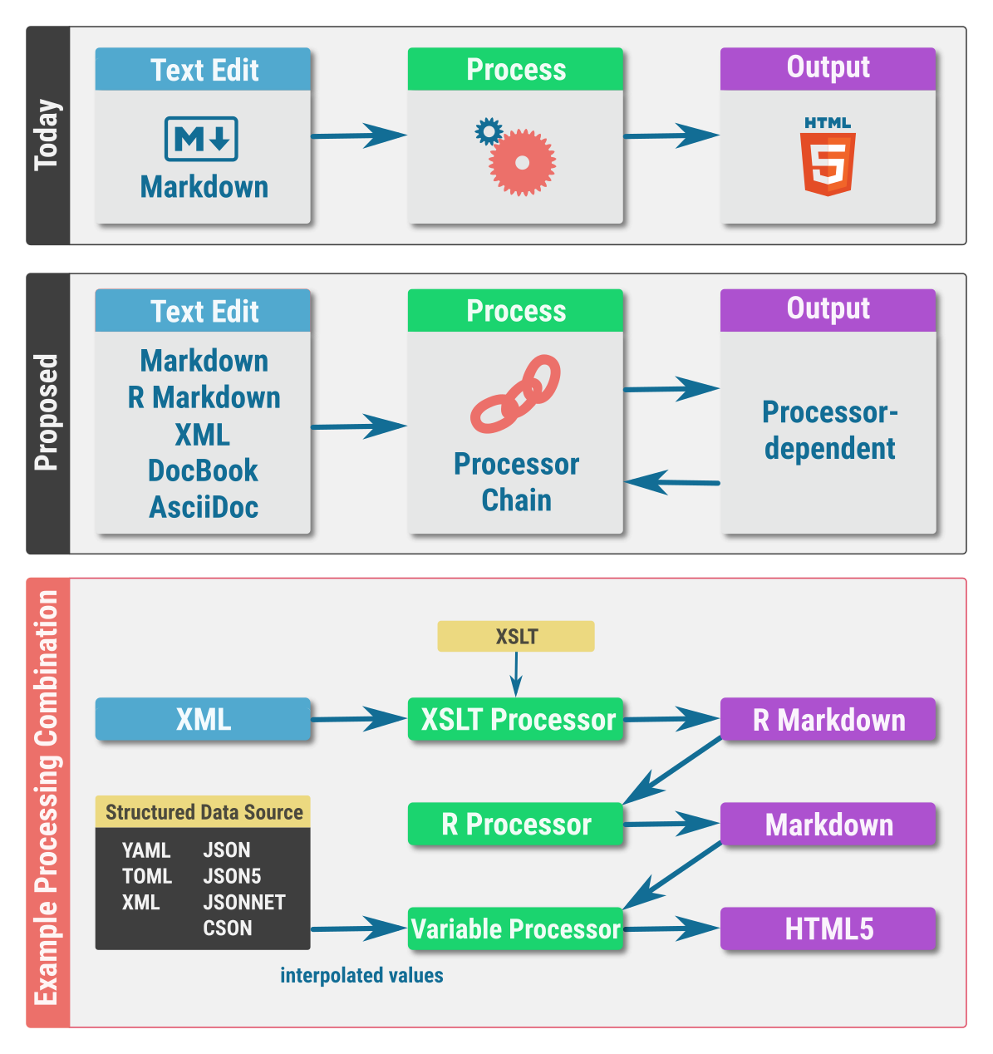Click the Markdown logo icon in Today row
coord(201,139)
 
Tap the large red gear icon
coord(522,163)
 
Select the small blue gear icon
coord(489,131)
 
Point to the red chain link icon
coord(516,394)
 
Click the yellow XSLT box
coord(516,637)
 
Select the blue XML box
coord(203,719)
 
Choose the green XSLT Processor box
coord(515,719)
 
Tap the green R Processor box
coord(515,824)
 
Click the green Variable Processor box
coord(515,928)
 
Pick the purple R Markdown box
coord(828,719)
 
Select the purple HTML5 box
coord(828,928)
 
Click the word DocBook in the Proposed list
coord(203,470)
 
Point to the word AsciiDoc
coord(204,507)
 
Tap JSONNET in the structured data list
coord(243,902)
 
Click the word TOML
coord(147,876)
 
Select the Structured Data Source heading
coord(204,812)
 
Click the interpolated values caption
coord(361,975)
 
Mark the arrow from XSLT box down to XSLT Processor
coord(516,674)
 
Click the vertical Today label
coord(47,135)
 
